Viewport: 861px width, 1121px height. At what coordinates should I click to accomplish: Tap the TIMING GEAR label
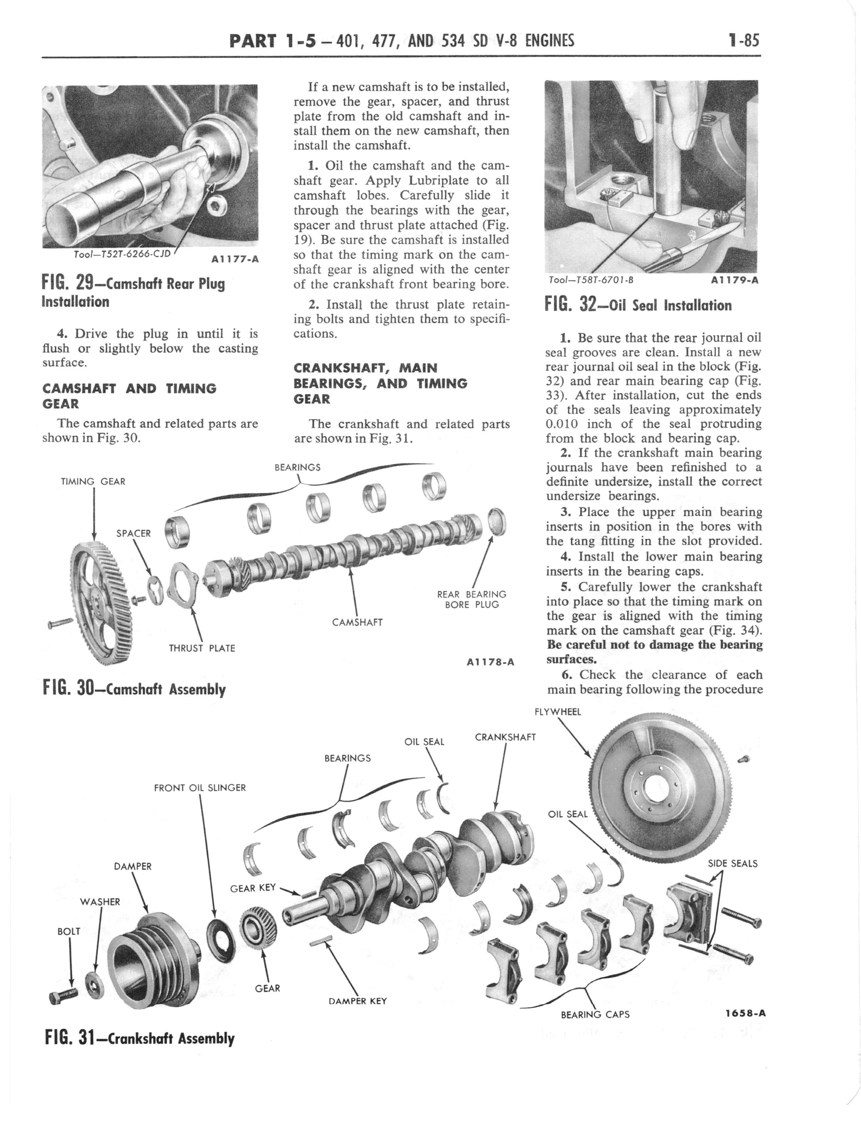(x=93, y=482)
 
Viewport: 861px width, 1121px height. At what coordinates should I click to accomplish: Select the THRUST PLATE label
(x=202, y=648)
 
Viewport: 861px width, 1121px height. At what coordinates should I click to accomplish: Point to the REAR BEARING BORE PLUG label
(x=471, y=600)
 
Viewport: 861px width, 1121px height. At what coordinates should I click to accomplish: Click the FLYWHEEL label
(x=558, y=712)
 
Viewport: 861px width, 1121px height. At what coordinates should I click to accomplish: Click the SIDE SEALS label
(x=732, y=863)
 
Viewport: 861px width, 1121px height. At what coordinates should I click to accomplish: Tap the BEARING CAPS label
(x=595, y=1014)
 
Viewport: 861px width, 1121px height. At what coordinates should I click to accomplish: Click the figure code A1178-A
(x=490, y=662)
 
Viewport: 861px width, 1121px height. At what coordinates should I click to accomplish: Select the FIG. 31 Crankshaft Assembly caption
(x=140, y=1038)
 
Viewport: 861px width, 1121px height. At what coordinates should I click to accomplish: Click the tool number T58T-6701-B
(x=591, y=280)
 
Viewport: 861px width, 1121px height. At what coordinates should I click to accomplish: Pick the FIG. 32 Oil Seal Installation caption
(x=638, y=306)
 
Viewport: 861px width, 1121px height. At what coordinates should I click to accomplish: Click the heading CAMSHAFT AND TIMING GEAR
(x=129, y=396)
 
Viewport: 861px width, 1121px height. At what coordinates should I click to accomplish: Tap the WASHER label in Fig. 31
(x=100, y=902)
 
